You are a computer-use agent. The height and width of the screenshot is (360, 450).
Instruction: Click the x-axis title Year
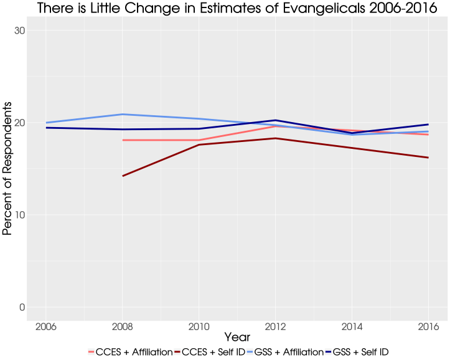coord(237,337)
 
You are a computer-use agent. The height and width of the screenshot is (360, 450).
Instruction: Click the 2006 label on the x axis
coord(46,327)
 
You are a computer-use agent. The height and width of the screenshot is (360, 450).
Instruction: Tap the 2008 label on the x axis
coord(123,327)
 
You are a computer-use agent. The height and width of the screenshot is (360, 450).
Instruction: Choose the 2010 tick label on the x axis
coord(199,327)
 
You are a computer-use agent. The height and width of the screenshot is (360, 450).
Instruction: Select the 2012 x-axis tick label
coord(275,327)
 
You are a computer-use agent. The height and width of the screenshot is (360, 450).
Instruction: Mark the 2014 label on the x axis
coord(352,327)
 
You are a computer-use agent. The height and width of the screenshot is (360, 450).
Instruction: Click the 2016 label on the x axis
coord(428,327)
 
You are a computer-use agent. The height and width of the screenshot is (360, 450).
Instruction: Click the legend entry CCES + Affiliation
coord(134,352)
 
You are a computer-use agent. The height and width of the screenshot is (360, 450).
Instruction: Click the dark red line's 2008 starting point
coord(123,176)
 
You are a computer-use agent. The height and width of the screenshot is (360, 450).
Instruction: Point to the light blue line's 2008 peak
coord(123,114)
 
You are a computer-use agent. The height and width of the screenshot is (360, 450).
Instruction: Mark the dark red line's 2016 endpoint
coord(428,158)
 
